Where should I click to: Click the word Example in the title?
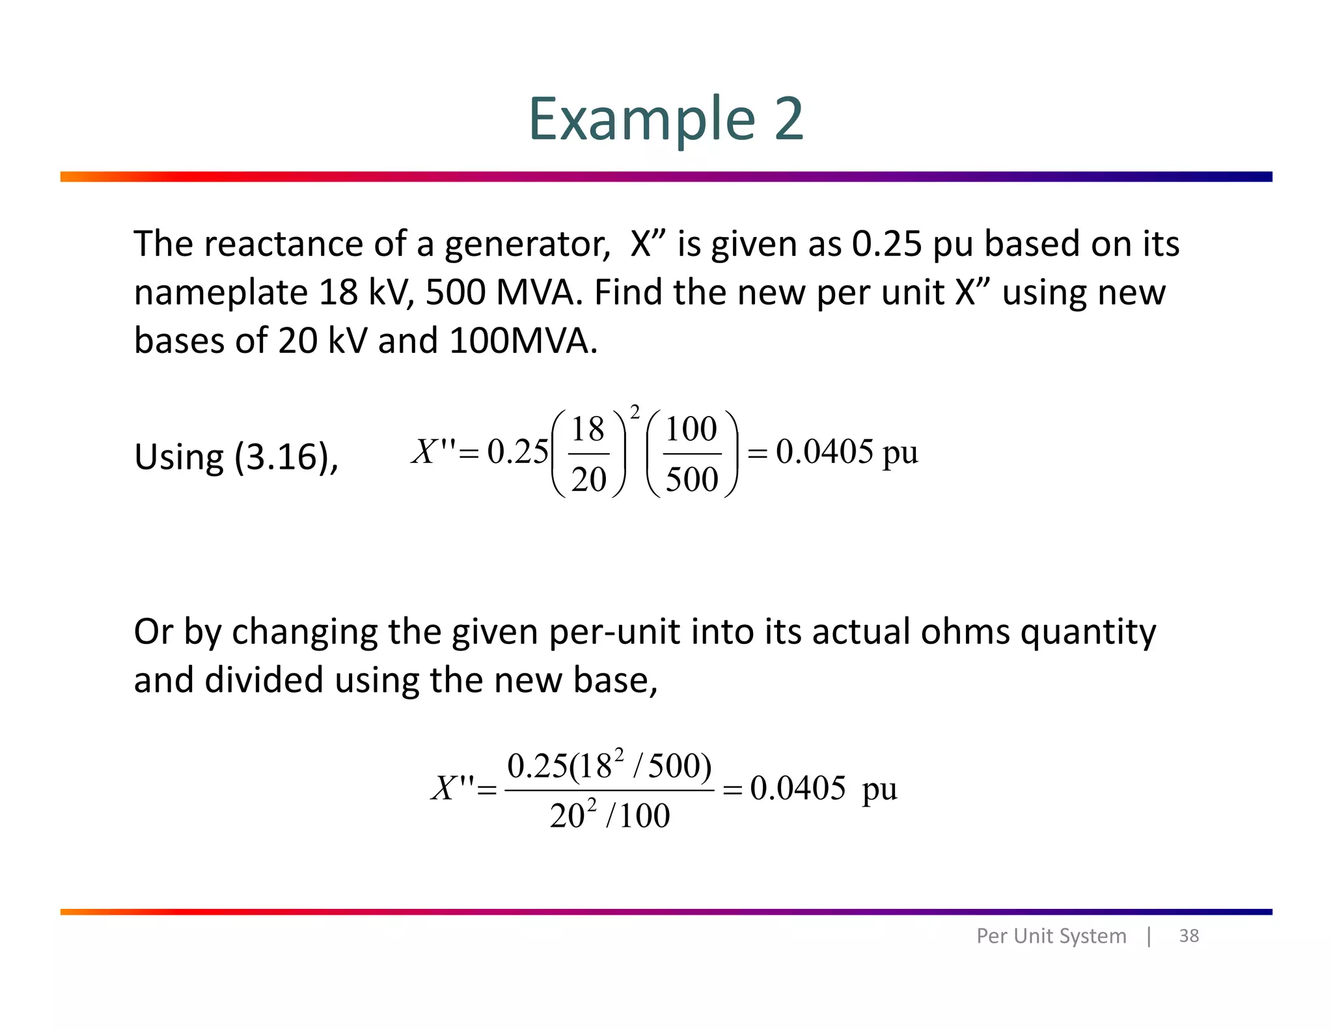pos(641,119)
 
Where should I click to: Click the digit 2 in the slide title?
pos(789,119)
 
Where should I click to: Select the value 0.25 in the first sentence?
pos(887,244)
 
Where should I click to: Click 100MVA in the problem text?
pos(523,341)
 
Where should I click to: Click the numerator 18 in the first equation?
pos(588,429)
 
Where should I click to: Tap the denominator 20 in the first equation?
pos(589,480)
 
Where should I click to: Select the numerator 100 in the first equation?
pos(691,429)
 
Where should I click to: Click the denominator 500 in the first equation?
pos(692,480)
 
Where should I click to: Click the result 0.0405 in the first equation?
pos(824,452)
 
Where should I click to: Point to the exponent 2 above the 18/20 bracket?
pos(635,411)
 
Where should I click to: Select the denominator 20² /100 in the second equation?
pos(609,815)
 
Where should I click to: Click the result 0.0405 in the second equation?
pos(798,788)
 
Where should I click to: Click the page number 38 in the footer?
pos(1189,936)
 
